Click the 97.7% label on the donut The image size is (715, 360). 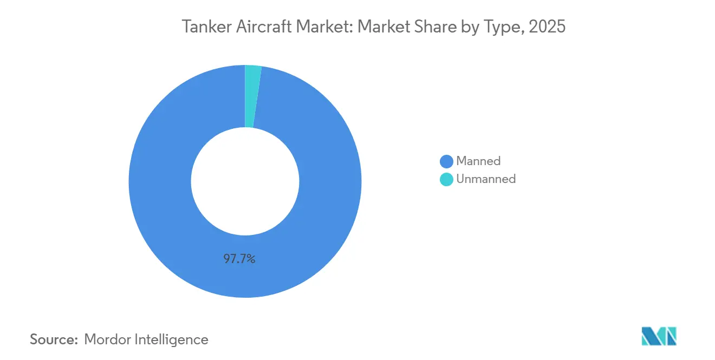tap(239, 259)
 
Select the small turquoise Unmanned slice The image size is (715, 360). tap(251, 96)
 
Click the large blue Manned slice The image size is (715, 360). tap(162, 206)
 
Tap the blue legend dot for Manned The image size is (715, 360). tap(446, 161)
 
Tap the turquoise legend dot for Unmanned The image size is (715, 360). tap(446, 179)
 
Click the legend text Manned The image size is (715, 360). tap(478, 161)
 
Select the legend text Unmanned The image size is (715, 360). tap(486, 179)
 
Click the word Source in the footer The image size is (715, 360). tap(53, 340)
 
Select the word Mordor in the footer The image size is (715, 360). tap(107, 340)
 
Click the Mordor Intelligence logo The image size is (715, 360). tap(659, 336)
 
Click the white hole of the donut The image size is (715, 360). tap(245, 181)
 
